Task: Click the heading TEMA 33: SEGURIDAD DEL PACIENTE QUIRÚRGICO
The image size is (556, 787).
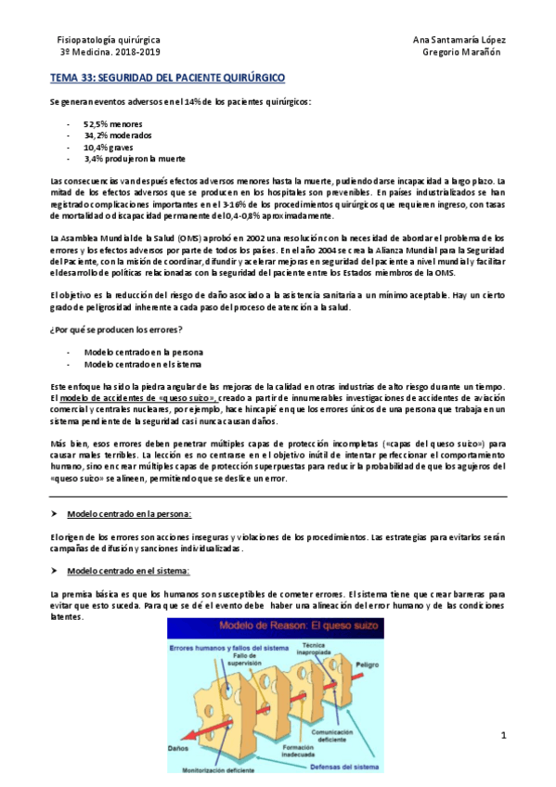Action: pos(167,80)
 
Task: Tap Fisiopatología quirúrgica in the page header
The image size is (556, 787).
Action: pos(109,43)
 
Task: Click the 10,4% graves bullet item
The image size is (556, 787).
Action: pos(110,147)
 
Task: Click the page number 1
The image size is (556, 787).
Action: pos(502,737)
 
